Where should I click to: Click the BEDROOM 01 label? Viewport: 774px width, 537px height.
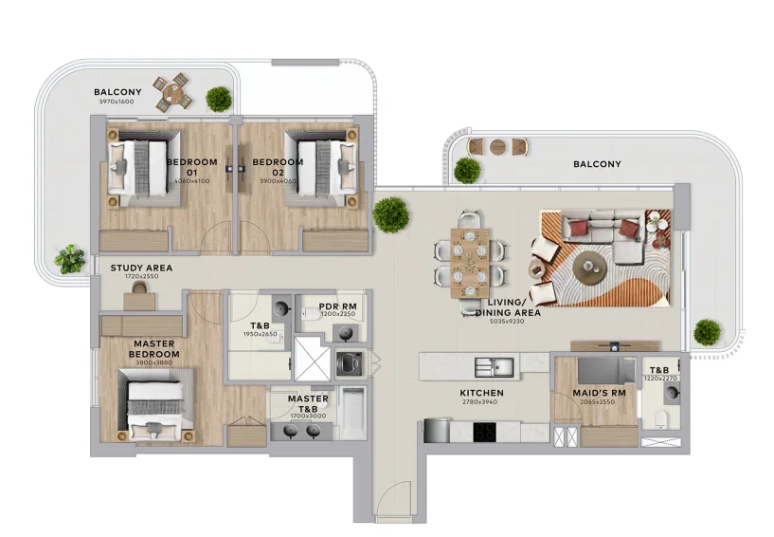(x=192, y=167)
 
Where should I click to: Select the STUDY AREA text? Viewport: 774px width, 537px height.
(x=141, y=268)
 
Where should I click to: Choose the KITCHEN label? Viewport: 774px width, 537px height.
(x=481, y=393)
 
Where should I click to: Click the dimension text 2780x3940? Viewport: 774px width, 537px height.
(x=481, y=402)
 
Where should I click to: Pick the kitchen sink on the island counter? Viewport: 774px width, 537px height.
(x=495, y=365)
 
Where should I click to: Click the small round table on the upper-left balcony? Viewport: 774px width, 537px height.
(x=174, y=92)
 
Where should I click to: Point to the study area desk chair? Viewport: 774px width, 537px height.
(x=140, y=287)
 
